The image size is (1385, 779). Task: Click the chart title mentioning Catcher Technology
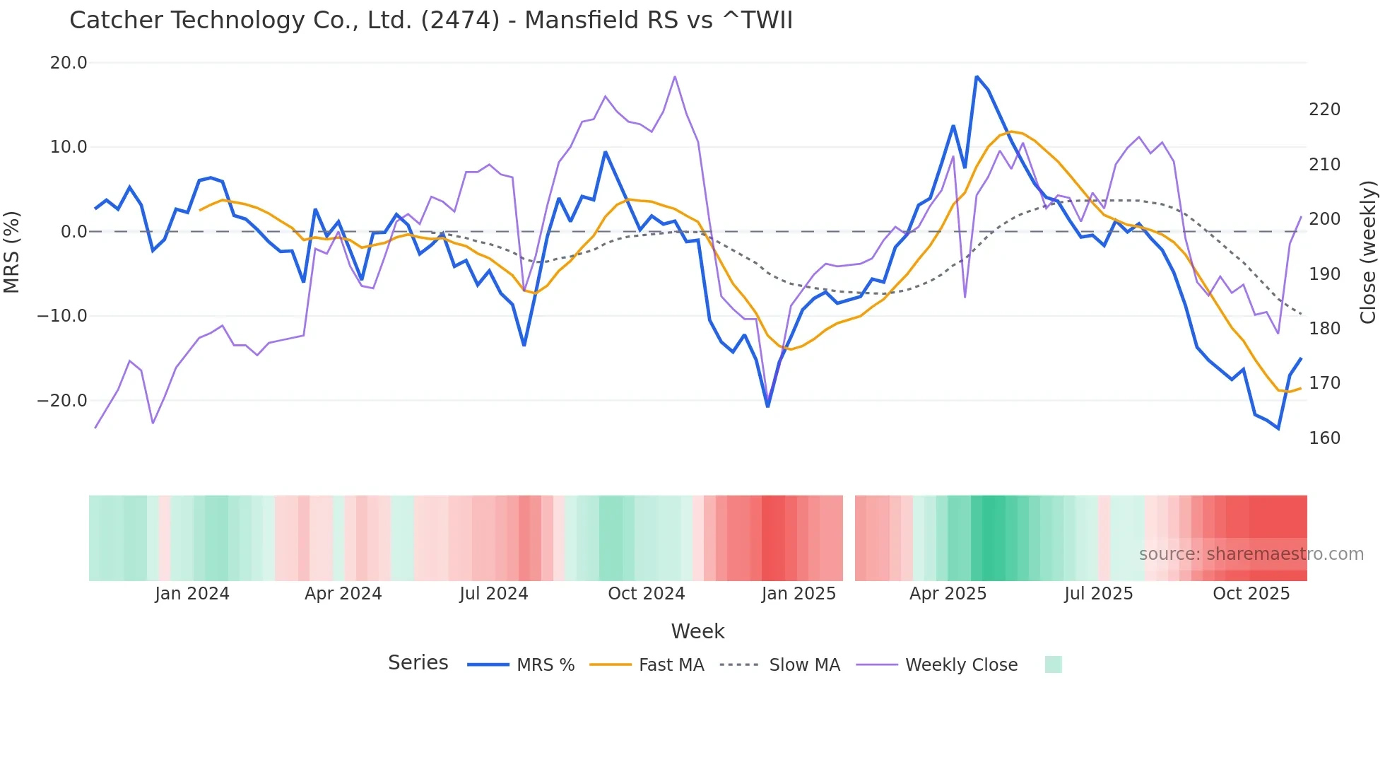[431, 20]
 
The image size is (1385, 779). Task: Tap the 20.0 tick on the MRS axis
[69, 63]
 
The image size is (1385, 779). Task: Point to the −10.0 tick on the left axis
[62, 316]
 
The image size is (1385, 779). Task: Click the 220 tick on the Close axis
[1324, 110]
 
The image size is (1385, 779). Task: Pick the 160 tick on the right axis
[1324, 438]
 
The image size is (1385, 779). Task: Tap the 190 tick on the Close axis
[1324, 274]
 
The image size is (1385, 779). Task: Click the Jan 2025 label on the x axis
[798, 594]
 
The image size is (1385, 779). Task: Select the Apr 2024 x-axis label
[343, 594]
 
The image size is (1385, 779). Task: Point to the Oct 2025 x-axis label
[1251, 594]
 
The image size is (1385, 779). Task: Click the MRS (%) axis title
[12, 252]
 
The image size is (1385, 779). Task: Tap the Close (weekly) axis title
[1368, 252]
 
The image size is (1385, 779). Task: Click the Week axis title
[697, 631]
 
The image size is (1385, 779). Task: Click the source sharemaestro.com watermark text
[1251, 554]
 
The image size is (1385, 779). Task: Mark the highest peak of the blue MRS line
[977, 76]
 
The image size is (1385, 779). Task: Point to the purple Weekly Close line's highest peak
[675, 76]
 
